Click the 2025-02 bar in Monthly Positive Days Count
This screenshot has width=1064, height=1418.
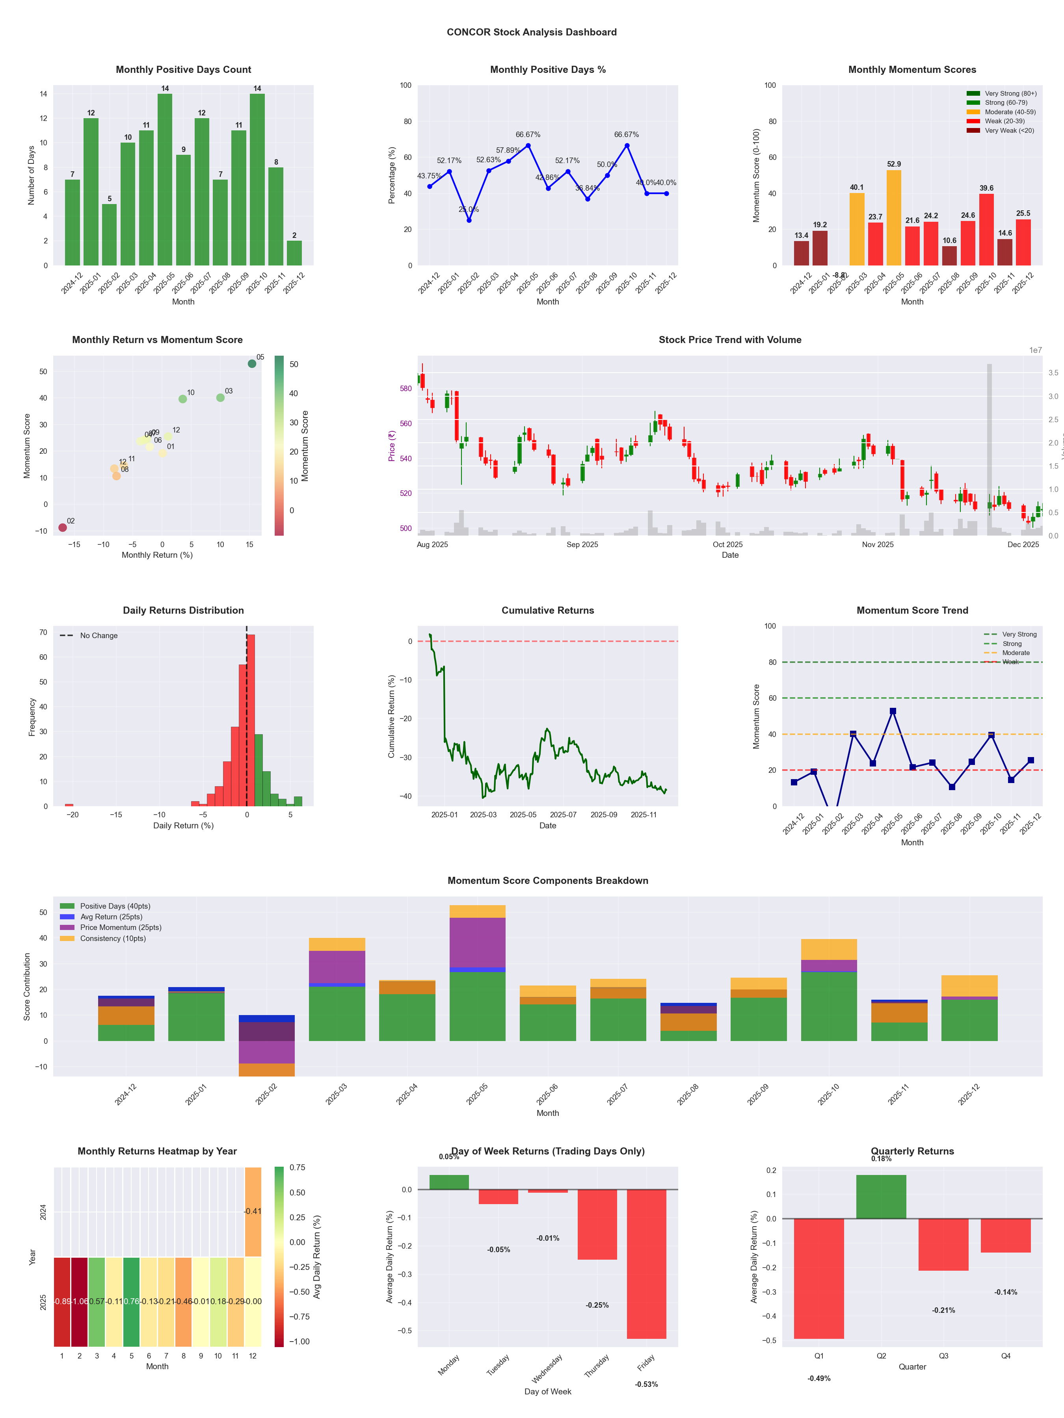pos(109,235)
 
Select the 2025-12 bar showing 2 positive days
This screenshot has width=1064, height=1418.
pos(294,253)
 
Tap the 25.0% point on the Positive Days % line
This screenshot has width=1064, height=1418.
pos(469,220)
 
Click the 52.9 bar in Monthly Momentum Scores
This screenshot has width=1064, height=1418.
pos(893,218)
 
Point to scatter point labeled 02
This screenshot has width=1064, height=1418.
pos(62,527)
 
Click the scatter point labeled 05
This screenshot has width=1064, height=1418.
pos(252,364)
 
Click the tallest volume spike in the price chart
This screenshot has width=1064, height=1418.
pos(989,449)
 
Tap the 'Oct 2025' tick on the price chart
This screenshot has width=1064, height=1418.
pos(727,544)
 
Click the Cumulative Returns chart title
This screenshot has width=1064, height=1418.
pos(548,610)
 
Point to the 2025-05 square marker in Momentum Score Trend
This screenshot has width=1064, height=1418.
pos(893,711)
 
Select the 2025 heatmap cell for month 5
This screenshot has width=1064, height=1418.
pos(132,1301)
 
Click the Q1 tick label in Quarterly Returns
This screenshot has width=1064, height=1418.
pos(819,1356)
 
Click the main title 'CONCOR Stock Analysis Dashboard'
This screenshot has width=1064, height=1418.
pos(532,32)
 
